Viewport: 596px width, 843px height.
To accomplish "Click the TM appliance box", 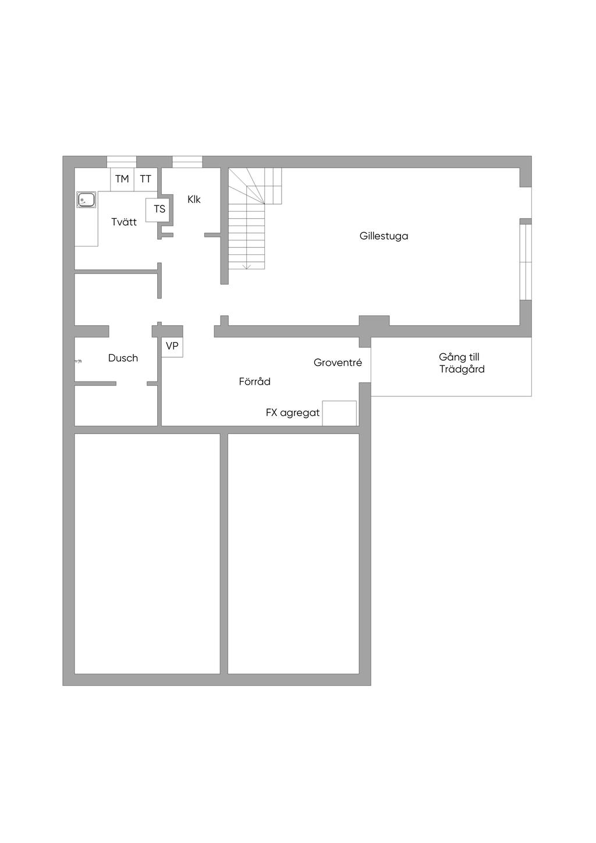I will (122, 179).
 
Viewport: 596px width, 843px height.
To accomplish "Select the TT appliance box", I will (146, 179).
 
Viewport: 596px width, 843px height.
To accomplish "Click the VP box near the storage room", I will (172, 347).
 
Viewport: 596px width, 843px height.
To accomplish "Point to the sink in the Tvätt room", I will (86, 200).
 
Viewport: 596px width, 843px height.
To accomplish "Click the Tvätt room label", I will (124, 222).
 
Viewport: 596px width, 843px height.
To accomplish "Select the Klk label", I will (194, 199).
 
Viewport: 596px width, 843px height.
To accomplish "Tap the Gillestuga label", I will (384, 236).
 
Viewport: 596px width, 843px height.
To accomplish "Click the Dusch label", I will (123, 358).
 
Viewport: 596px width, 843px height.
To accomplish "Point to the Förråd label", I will (254, 382).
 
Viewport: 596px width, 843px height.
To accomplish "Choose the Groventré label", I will (338, 363).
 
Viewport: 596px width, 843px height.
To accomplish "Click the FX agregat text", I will (292, 413).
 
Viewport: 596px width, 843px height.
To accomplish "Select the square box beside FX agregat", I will (339, 413).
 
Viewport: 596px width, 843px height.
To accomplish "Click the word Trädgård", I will (462, 369).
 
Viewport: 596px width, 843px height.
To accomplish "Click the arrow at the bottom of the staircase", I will (246, 266).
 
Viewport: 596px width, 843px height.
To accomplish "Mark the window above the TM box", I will (122, 162).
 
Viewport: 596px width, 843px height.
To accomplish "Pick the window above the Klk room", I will (187, 162).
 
